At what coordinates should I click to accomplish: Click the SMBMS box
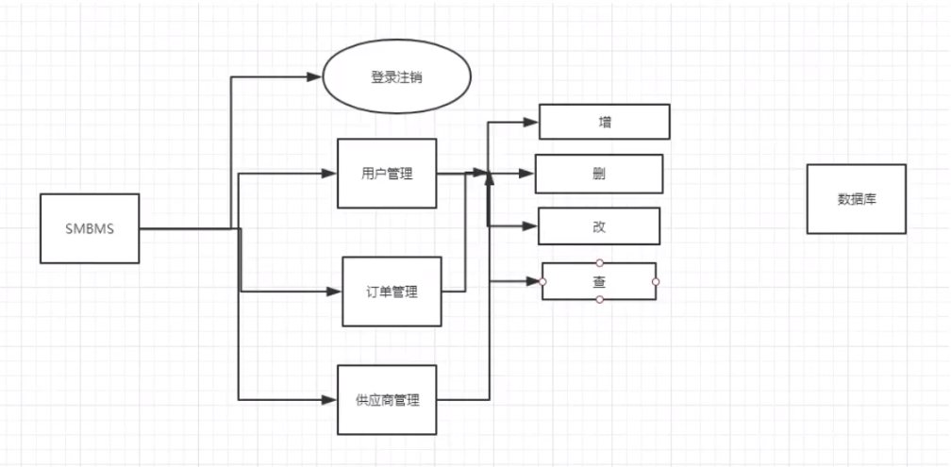pos(90,228)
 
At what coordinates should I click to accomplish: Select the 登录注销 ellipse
pos(396,77)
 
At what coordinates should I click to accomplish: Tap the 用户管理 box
pos(387,174)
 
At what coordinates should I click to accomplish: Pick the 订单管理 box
pos(391,292)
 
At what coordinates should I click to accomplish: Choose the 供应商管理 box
pos(388,399)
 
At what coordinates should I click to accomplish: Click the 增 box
pos(604,122)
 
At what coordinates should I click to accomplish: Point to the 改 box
pos(598,225)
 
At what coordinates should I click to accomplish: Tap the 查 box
pos(599,281)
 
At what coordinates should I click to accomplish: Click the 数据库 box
pos(856,199)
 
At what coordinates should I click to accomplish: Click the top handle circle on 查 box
pos(599,262)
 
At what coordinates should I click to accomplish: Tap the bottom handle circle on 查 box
pos(599,300)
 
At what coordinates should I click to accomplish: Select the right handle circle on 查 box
pos(656,281)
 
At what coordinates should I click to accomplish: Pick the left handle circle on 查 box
pos(542,281)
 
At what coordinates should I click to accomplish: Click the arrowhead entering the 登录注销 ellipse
pos(316,77)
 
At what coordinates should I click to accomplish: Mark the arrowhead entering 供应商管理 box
pos(330,399)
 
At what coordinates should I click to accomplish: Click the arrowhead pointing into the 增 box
pos(530,122)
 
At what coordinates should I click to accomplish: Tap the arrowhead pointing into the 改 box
pos(530,225)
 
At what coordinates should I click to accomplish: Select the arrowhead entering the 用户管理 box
pos(330,174)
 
